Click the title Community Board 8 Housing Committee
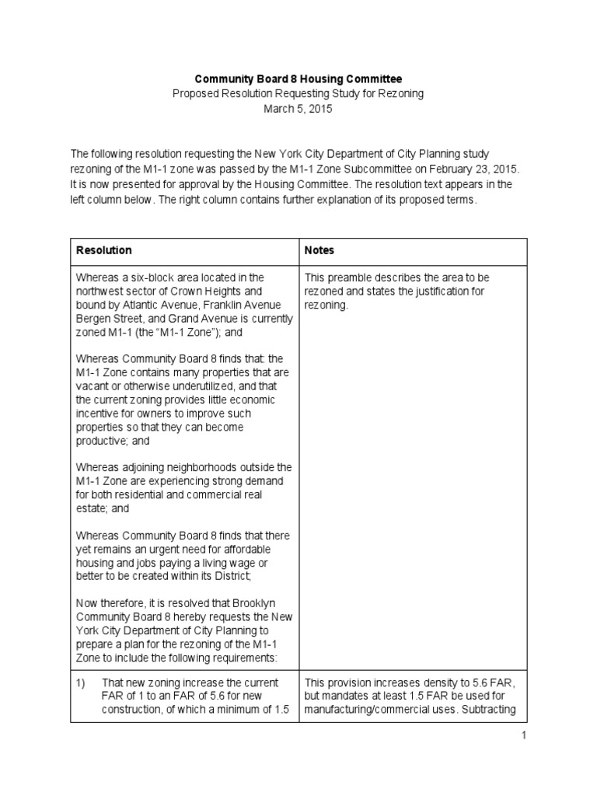coord(298,79)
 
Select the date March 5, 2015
coord(298,109)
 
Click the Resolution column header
coord(103,250)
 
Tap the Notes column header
coord(319,250)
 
